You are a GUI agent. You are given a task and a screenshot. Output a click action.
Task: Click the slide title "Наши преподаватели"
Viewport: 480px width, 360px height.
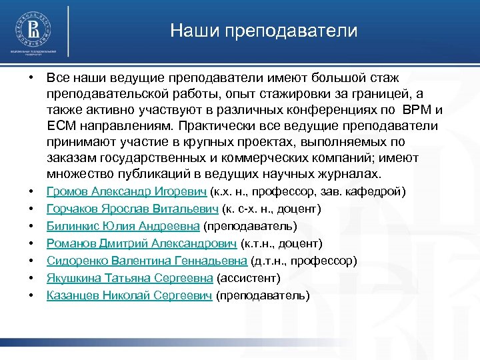pos(263,31)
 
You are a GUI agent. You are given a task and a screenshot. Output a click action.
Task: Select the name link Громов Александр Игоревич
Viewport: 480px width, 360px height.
pos(126,192)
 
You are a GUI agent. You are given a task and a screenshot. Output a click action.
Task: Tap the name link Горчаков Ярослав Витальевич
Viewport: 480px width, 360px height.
pos(133,209)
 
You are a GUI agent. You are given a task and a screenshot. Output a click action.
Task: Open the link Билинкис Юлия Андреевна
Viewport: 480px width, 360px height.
pos(123,226)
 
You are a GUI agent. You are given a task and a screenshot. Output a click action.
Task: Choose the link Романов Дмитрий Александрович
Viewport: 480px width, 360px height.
pos(141,243)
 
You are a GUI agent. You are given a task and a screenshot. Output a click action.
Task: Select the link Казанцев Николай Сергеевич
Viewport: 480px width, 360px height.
pos(129,295)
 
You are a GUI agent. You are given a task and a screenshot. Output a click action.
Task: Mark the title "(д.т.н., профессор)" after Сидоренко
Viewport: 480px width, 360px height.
pos(303,260)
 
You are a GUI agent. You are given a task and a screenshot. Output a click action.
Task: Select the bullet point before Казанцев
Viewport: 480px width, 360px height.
pos(32,295)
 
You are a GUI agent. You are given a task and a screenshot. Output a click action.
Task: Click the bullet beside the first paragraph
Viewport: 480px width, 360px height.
pos(32,78)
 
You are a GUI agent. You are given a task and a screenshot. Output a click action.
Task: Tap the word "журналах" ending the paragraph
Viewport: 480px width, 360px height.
pos(349,175)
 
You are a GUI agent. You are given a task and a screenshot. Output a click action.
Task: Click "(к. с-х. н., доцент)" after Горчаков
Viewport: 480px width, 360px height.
pos(271,209)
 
